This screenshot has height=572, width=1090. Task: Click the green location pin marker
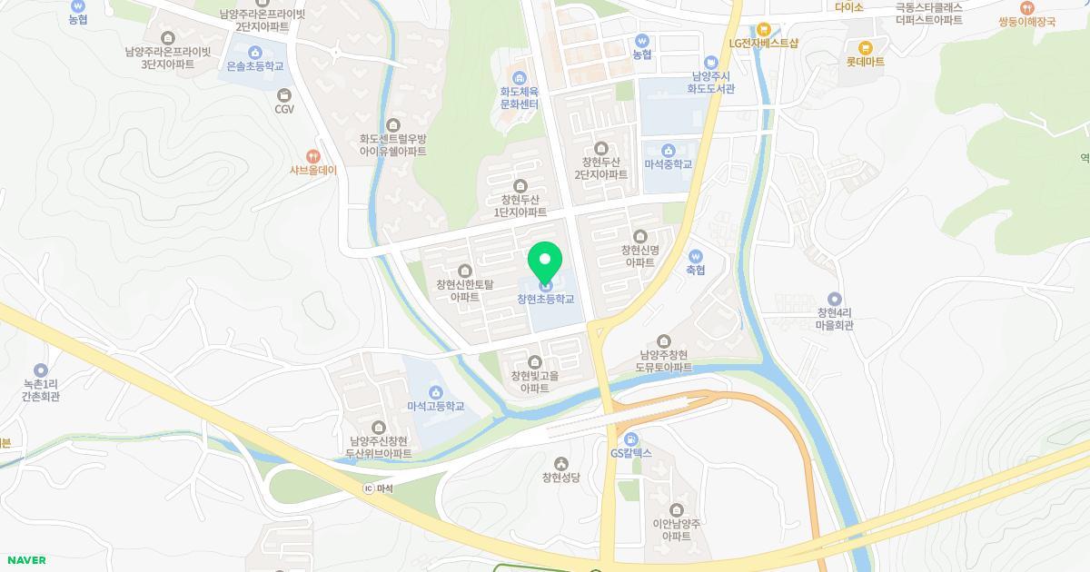pos(545,263)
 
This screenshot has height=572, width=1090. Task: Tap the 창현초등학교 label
pos(545,299)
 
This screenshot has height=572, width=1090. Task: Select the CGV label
pos(284,109)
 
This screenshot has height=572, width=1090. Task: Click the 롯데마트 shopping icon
pos(865,47)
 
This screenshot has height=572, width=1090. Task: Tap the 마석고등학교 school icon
pos(435,392)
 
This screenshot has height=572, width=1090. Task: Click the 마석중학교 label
pos(668,164)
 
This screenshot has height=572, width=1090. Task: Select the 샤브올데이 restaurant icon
pos(313,156)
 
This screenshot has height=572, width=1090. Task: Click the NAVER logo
pos(25,560)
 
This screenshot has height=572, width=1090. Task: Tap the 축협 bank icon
pos(696,256)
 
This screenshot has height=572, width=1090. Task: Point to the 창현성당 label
pos(560,478)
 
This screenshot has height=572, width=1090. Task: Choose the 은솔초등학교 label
pos(254,66)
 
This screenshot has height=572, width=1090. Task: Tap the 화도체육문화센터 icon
pos(520,76)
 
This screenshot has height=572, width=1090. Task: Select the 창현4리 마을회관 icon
pos(835,299)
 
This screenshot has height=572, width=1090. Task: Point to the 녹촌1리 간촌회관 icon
pos(41,370)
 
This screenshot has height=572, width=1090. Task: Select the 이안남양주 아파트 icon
pos(676,509)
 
